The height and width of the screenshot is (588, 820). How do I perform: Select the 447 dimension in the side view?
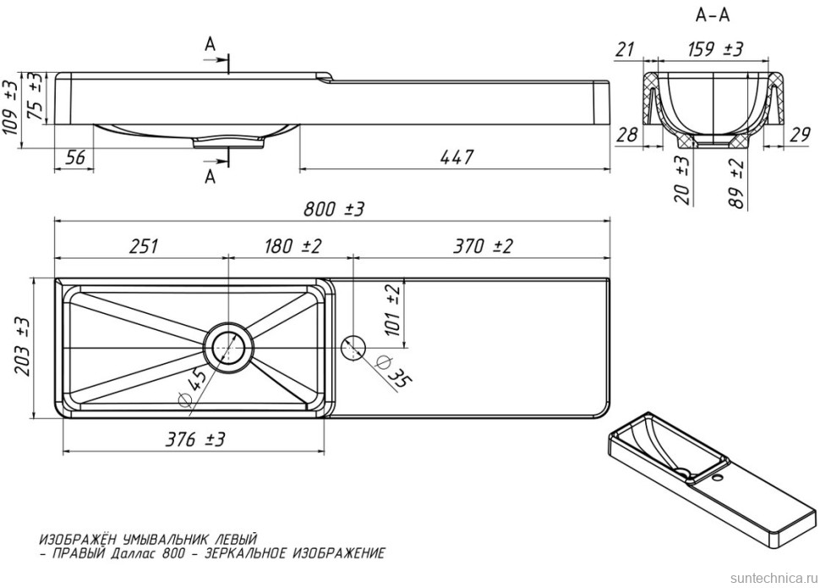455,157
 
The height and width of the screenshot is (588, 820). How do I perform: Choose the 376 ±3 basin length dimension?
195,439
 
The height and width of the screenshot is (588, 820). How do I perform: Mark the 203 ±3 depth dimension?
23,346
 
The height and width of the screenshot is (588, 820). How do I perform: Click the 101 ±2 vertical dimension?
392,310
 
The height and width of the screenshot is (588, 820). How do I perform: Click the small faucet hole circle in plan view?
353,345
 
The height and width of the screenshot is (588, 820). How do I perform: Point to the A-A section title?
712,14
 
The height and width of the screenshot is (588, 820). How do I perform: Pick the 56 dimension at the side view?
74,157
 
